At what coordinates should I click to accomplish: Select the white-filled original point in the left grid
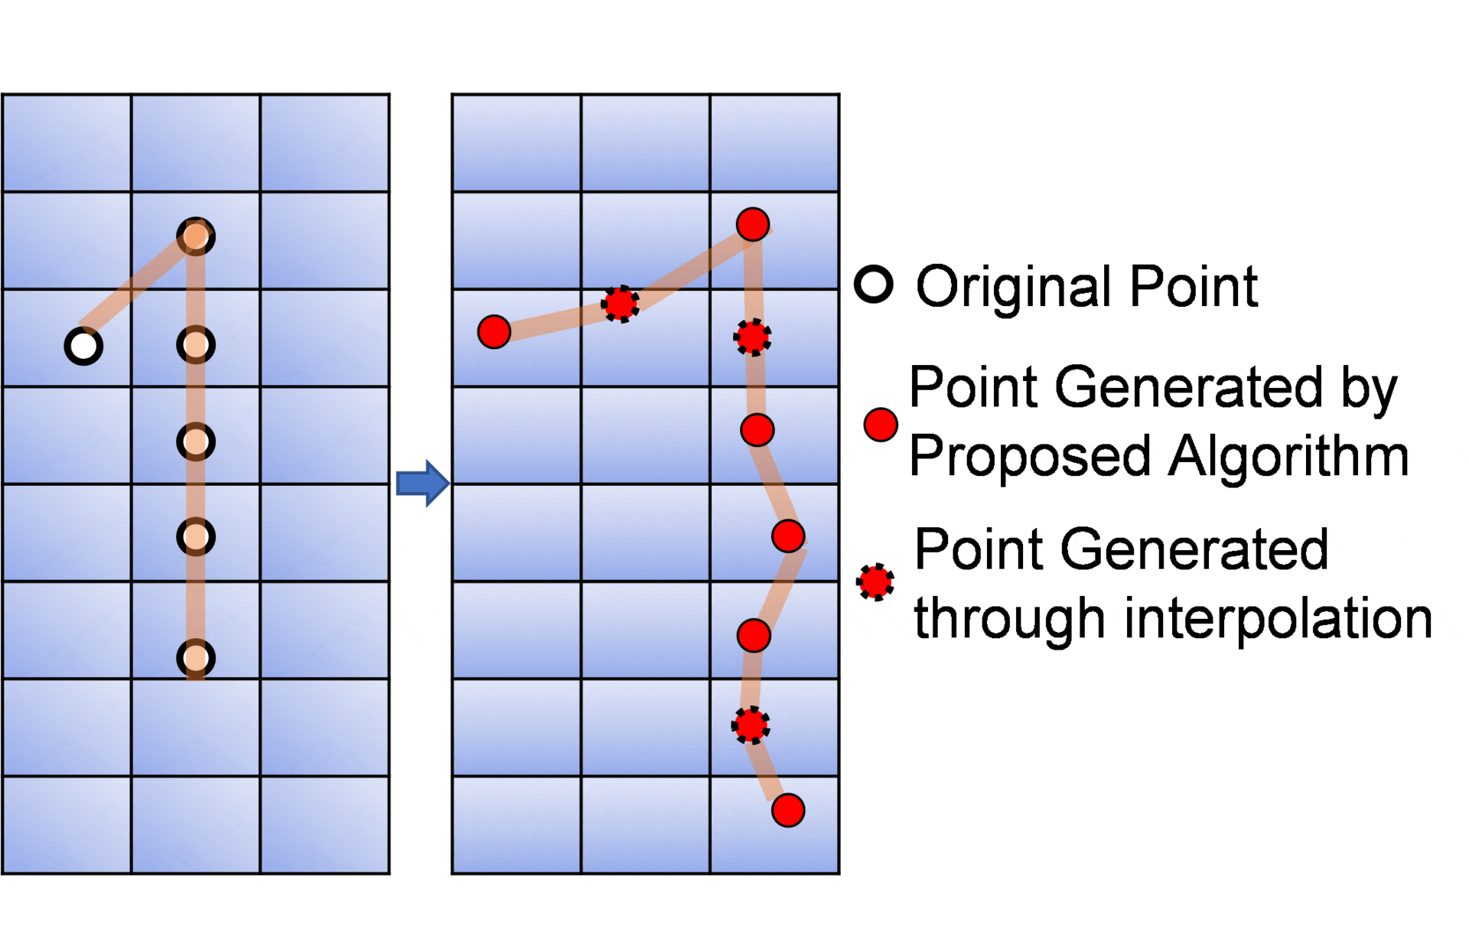click(x=83, y=346)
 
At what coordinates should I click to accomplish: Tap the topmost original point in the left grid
click(x=196, y=236)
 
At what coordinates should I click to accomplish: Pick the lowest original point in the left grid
click(x=196, y=658)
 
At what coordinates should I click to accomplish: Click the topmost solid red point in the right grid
click(x=753, y=224)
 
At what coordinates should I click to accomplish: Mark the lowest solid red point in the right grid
click(x=788, y=810)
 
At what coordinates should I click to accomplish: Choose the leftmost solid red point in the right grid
click(x=494, y=332)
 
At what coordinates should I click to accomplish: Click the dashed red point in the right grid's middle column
click(x=620, y=304)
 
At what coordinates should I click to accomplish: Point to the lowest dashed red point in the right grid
click(x=751, y=725)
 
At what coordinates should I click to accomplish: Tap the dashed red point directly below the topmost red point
click(x=753, y=337)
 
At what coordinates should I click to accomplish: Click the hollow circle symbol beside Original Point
click(x=874, y=285)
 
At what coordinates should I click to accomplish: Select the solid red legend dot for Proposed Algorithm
click(x=881, y=425)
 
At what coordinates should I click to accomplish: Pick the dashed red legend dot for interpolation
click(x=875, y=582)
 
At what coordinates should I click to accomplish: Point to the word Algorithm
click(x=1289, y=457)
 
